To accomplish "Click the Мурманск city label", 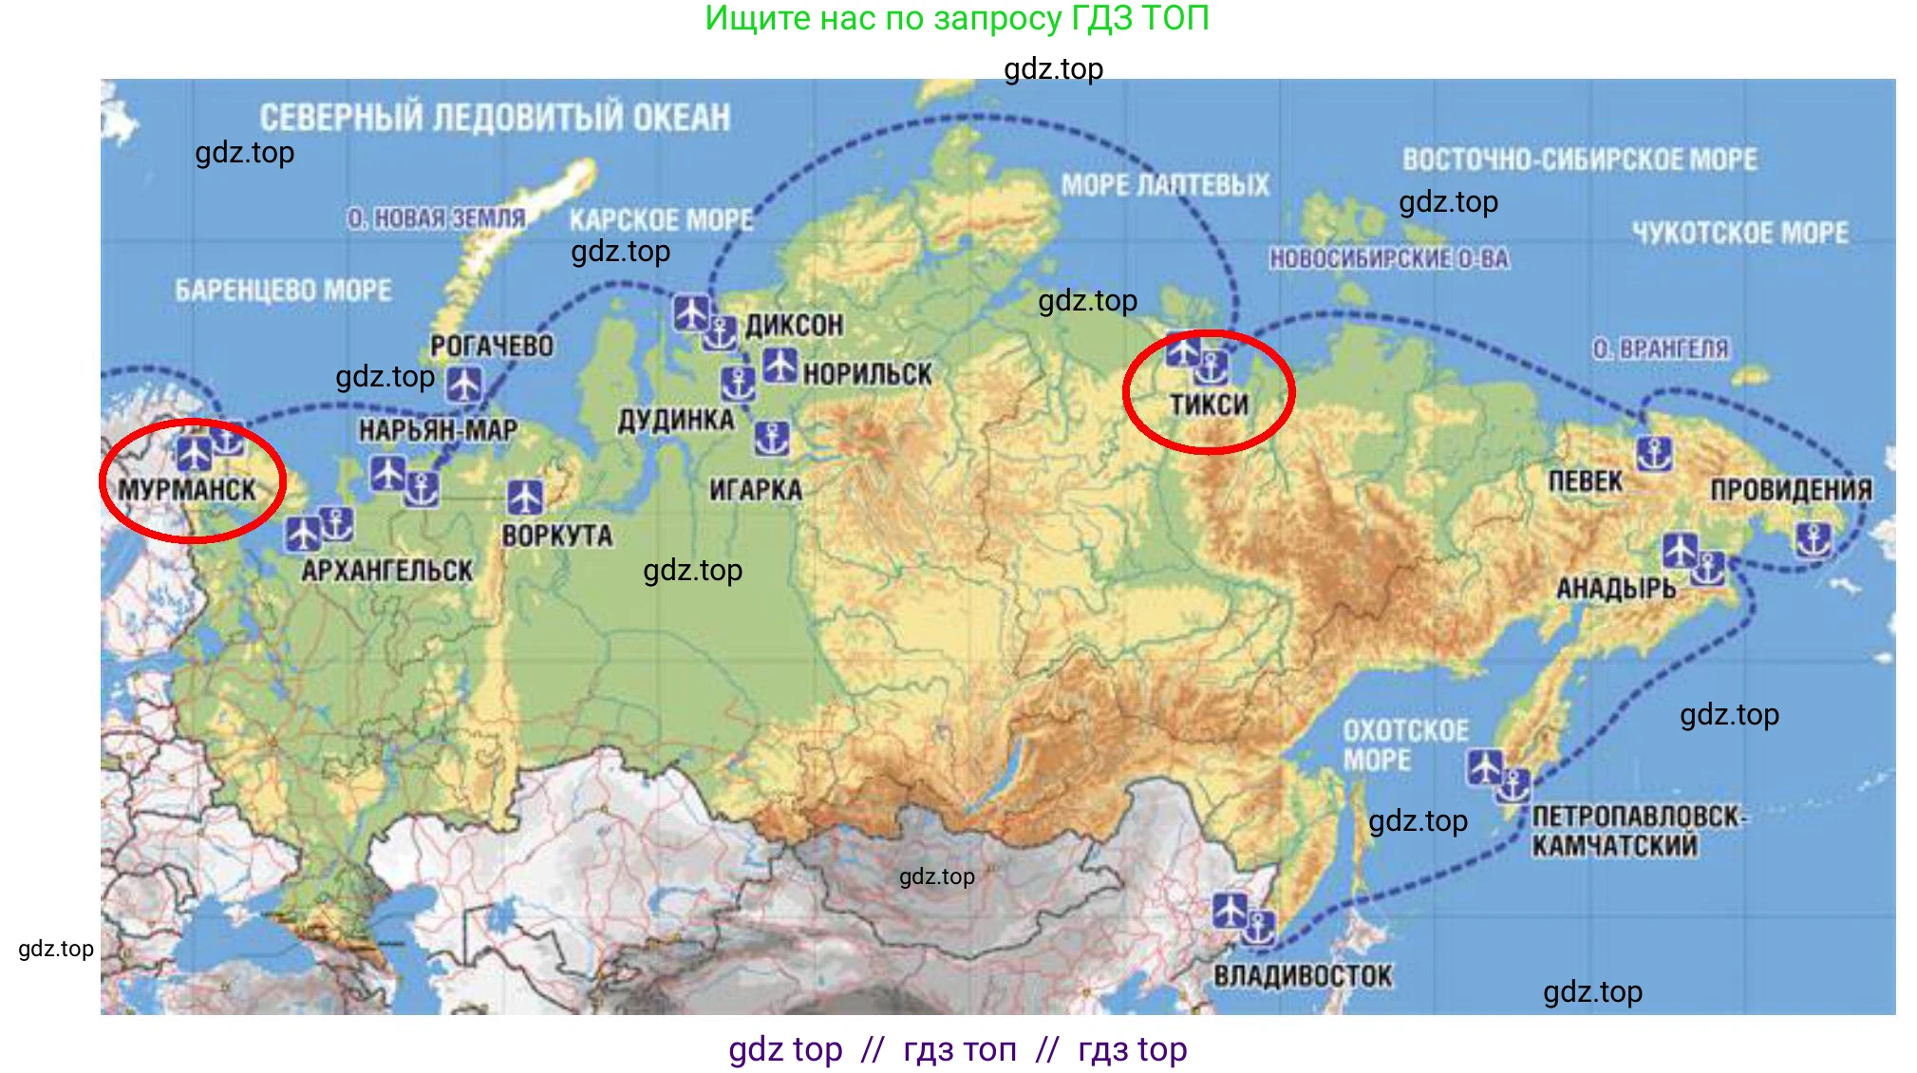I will point(187,490).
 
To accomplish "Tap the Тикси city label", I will point(1209,405).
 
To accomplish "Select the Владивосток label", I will point(1303,976).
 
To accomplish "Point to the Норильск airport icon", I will point(780,366).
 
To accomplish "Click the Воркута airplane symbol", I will point(525,497).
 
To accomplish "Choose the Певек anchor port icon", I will point(1654,454).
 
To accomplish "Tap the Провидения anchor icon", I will point(1814,540).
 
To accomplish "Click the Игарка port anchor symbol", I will point(772,439).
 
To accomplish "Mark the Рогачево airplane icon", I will point(464,385).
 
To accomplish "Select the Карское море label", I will point(661,220).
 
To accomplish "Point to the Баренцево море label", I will point(283,291).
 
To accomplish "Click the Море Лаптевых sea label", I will point(1165,185).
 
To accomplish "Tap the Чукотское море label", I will point(1740,234).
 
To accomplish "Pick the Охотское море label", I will point(1405,745).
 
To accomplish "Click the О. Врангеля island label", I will point(1661,349).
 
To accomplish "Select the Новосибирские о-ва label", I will point(1389,258).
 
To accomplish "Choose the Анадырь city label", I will point(1616,590).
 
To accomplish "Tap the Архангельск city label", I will point(387,571).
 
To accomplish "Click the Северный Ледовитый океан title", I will point(495,118).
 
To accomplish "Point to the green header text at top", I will point(957,19).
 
